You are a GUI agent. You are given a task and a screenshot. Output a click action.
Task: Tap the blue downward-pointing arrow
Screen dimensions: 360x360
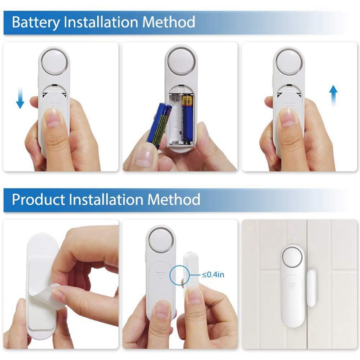(x=20, y=98)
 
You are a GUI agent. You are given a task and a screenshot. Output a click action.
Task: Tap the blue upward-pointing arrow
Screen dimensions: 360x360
(x=333, y=96)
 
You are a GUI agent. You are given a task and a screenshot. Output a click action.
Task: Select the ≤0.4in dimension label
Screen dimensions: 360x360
(x=212, y=274)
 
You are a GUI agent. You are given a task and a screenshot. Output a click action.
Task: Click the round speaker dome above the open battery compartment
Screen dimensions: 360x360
(x=181, y=61)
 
